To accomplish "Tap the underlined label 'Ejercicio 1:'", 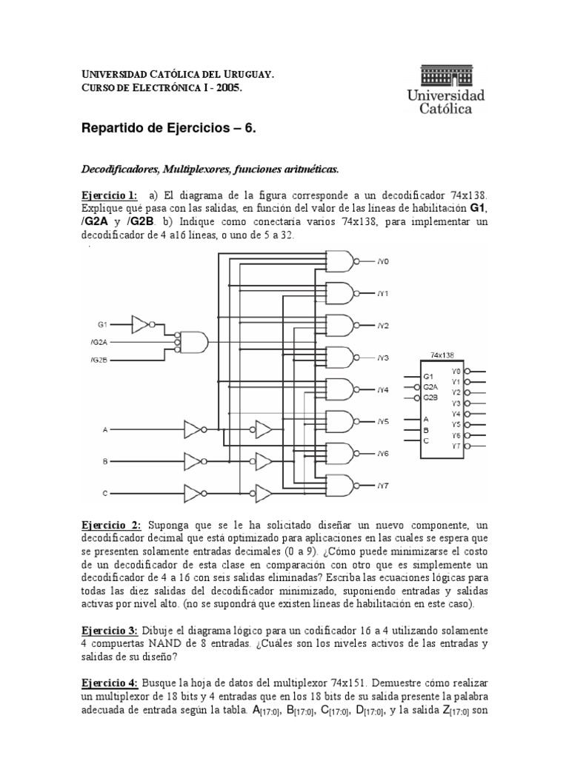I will (x=109, y=195).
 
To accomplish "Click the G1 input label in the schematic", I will (x=102, y=324).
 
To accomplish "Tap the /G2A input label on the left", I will (x=99, y=342).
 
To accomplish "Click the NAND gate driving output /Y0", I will (x=340, y=261).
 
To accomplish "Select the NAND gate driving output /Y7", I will (x=340, y=486).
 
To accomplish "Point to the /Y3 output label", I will (x=382, y=358).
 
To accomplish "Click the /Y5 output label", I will (x=382, y=421).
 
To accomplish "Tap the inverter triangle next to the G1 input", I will (x=140, y=324).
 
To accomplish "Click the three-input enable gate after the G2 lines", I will (x=193, y=342).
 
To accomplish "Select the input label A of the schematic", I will (x=104, y=429).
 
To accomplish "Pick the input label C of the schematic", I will (x=104, y=493).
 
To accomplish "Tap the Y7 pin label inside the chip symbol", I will (x=456, y=446).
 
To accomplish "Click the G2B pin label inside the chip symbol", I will (x=430, y=398).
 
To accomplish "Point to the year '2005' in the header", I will (x=230, y=87).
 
